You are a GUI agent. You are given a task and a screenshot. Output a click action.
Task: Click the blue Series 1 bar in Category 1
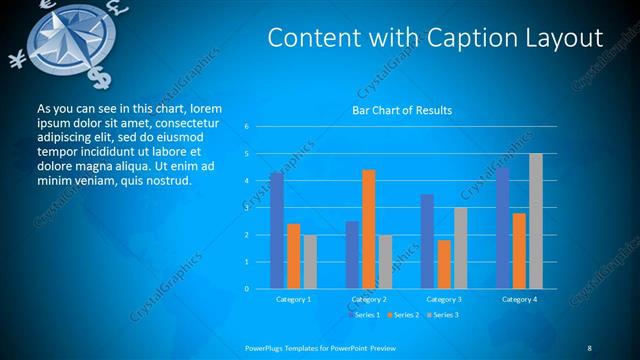[276, 231]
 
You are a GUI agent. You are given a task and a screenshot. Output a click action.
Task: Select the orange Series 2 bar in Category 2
[369, 229]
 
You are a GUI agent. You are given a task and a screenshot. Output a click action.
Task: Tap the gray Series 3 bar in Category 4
[536, 221]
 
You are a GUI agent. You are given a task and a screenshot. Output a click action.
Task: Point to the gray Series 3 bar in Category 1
[310, 262]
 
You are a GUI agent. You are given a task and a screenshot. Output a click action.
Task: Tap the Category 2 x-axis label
[369, 299]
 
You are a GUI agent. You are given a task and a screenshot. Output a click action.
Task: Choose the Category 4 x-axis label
[519, 299]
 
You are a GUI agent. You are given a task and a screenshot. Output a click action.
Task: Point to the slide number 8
[589, 347]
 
